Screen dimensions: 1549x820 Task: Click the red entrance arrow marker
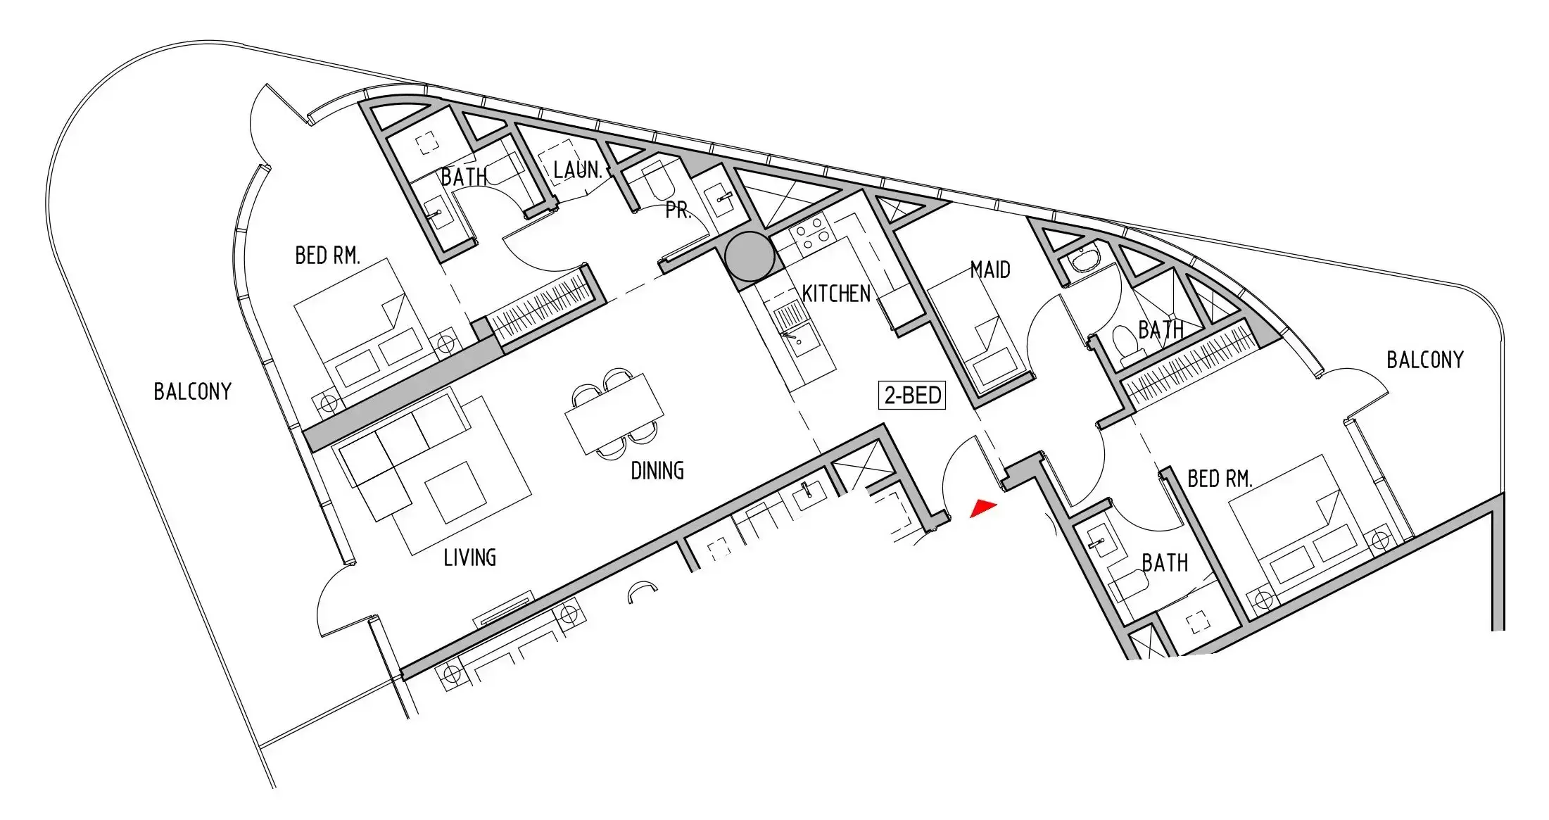click(983, 507)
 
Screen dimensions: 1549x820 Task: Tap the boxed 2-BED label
click(912, 396)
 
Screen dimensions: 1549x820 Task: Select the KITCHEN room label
click(836, 294)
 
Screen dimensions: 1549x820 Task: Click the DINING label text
click(657, 470)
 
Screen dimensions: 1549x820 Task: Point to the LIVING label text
click(469, 557)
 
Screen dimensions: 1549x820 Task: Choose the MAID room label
click(990, 270)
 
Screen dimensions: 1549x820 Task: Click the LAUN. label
click(577, 170)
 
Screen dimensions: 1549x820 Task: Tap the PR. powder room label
click(678, 210)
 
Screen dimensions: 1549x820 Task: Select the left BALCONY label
click(193, 391)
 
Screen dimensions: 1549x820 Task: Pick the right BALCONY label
click(1425, 360)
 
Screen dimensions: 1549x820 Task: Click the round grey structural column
click(750, 256)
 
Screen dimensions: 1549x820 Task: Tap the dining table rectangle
click(614, 415)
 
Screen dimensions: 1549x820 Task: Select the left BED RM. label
click(327, 255)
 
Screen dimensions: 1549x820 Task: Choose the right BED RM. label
click(1220, 479)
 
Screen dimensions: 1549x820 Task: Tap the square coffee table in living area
click(456, 493)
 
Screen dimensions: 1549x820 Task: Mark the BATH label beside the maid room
click(1161, 329)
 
